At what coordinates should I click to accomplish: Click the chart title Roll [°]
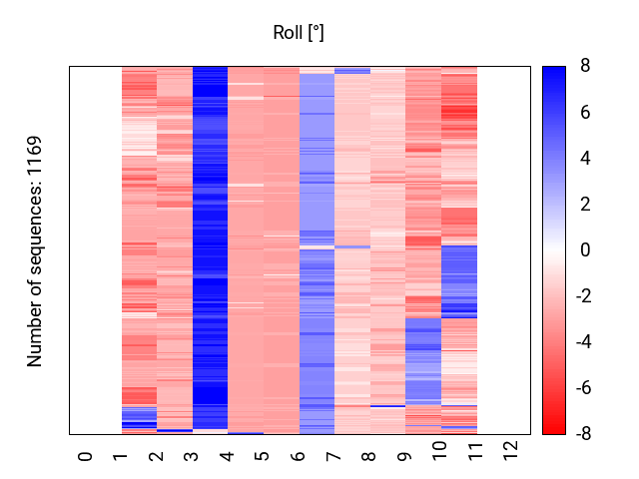[299, 33]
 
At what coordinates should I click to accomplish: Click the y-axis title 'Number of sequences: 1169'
[34, 251]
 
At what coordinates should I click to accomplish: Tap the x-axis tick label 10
[439, 451]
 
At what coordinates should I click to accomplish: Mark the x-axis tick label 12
[510, 451]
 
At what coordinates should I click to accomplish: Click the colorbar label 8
[585, 65]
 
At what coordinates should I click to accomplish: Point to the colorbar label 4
[585, 158]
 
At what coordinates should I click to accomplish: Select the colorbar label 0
[585, 249]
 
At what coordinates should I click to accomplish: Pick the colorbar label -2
[583, 295]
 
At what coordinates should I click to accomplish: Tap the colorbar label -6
[583, 388]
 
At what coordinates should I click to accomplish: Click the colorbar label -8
[583, 434]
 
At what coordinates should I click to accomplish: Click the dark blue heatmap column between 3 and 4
[210, 247]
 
